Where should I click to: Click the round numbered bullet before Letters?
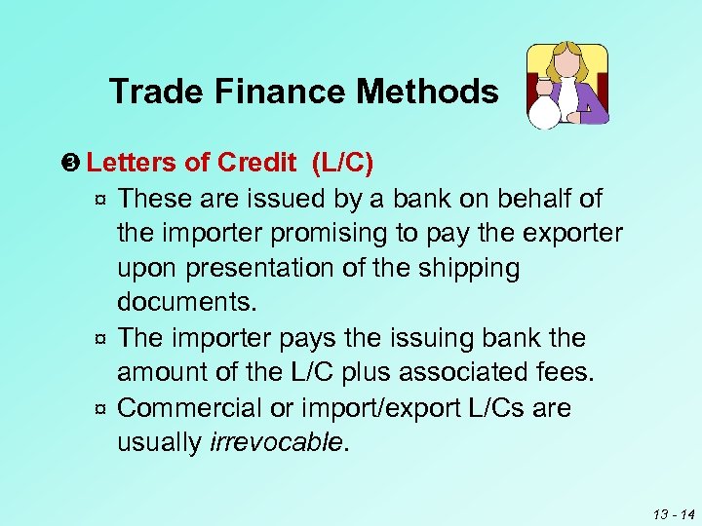tap(78, 163)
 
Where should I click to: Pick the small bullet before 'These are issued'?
tap(99, 201)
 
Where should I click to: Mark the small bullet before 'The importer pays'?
tap(99, 340)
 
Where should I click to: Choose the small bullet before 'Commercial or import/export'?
tap(99, 409)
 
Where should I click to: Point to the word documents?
tap(186, 302)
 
